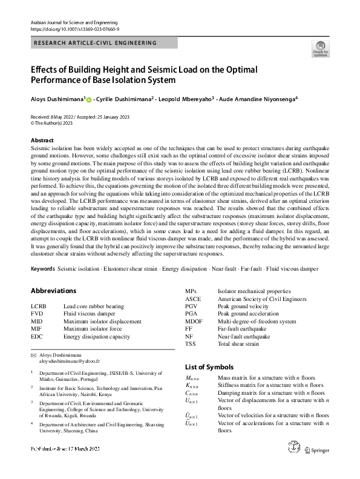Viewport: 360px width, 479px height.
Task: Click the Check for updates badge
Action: tap(320, 48)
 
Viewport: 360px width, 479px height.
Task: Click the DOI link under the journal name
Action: tap(74, 28)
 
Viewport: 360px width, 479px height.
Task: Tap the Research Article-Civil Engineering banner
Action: tap(96, 43)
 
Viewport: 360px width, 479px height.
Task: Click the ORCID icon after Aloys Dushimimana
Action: tap(89, 99)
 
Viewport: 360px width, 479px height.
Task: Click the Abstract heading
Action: tap(42, 140)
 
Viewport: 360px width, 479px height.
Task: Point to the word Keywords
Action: tap(42, 268)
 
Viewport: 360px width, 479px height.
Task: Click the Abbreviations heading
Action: tap(53, 291)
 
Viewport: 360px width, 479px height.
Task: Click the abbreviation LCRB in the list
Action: tap(38, 306)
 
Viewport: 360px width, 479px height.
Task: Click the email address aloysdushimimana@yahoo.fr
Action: tap(70, 360)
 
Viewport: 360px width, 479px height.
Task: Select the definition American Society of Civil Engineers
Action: tap(262, 299)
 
